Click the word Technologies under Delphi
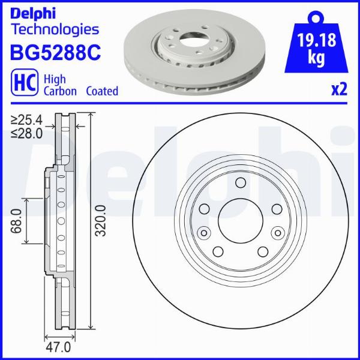click(x=55, y=29)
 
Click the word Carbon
click(x=60, y=91)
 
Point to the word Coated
click(x=101, y=91)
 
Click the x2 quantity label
click(x=339, y=89)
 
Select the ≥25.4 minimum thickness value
click(x=26, y=121)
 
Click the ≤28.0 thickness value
click(x=26, y=133)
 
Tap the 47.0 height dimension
click(x=59, y=347)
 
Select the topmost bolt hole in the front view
click(x=240, y=184)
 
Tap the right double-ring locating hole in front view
click(x=277, y=233)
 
